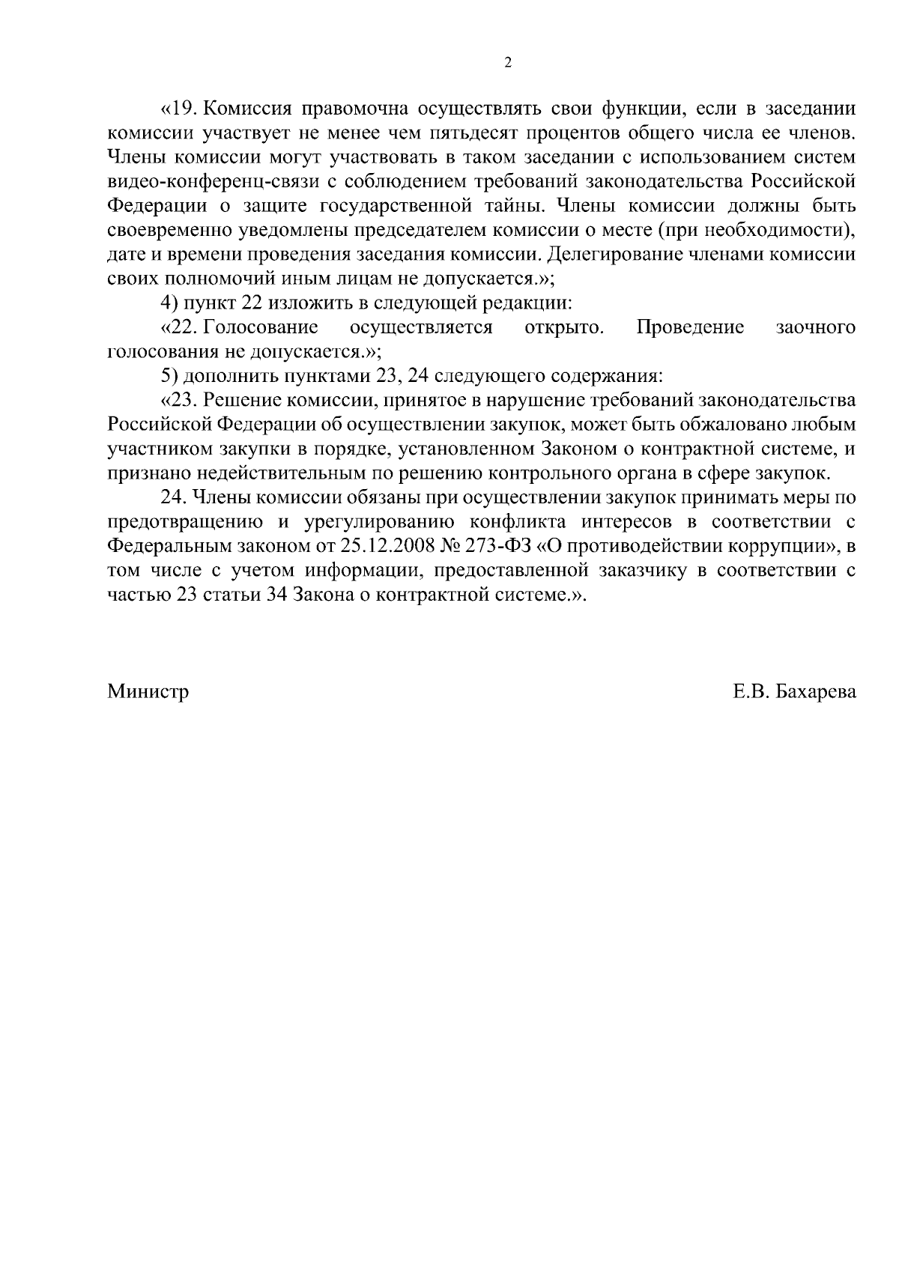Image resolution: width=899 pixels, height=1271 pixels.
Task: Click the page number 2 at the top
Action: click(x=508, y=63)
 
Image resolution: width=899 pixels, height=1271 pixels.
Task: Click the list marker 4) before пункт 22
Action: click(x=169, y=302)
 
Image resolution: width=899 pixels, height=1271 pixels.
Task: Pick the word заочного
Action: click(x=816, y=327)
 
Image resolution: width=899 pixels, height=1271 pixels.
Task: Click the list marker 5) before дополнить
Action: click(x=169, y=374)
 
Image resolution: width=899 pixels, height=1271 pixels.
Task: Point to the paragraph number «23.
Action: click(x=178, y=399)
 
